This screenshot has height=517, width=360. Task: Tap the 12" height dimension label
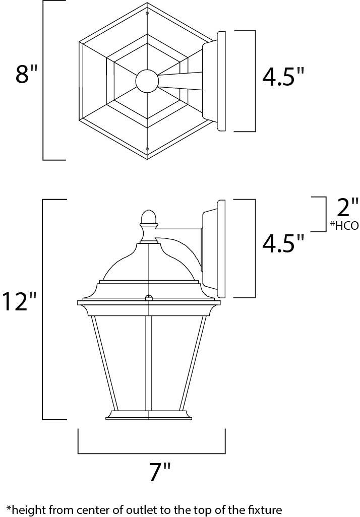click(x=20, y=301)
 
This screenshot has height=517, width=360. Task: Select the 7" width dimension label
click(x=160, y=473)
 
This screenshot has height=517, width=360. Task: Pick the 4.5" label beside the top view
click(x=283, y=77)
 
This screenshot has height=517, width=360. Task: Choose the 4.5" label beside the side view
click(x=283, y=244)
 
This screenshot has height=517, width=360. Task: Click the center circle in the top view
click(x=147, y=81)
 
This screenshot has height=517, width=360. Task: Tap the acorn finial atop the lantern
click(x=148, y=217)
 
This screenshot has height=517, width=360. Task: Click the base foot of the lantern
click(x=149, y=415)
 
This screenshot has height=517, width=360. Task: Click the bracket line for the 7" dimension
click(x=151, y=452)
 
